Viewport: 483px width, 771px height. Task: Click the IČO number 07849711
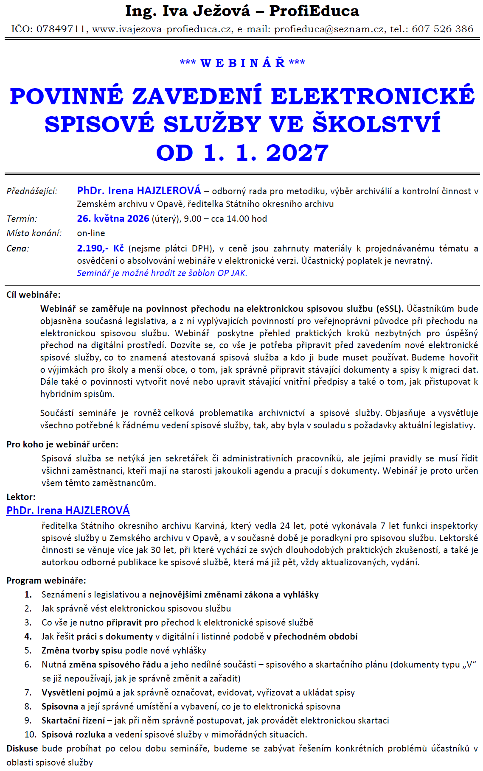pyautogui.click(x=61, y=29)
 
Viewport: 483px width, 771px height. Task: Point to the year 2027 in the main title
pyautogui.click(x=297, y=153)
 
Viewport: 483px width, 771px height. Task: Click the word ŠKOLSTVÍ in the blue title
pyautogui.click(x=377, y=124)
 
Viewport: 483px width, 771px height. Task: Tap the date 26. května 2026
pyautogui.click(x=113, y=219)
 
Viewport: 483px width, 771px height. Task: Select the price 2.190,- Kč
pyautogui.click(x=100, y=249)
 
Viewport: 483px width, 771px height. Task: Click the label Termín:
pyautogui.click(x=22, y=219)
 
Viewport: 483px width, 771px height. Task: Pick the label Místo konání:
pyautogui.click(x=34, y=233)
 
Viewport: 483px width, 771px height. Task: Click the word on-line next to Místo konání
pyautogui.click(x=91, y=233)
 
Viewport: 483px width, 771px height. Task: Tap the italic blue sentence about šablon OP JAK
pyautogui.click(x=162, y=273)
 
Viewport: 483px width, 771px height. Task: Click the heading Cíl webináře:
pyautogui.click(x=34, y=295)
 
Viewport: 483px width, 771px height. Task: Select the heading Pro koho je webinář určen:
pyautogui.click(x=62, y=444)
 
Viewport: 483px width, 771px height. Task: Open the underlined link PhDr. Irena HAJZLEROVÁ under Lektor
pyautogui.click(x=68, y=511)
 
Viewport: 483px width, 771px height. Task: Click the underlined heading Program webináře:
pyautogui.click(x=46, y=581)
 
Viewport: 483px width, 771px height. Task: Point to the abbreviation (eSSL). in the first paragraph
pyautogui.click(x=390, y=309)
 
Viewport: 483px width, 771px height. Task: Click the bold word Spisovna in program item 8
pyautogui.click(x=60, y=707)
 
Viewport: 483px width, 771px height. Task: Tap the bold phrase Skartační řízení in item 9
pyautogui.click(x=73, y=721)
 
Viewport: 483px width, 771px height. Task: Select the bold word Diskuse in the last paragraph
pyautogui.click(x=22, y=749)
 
